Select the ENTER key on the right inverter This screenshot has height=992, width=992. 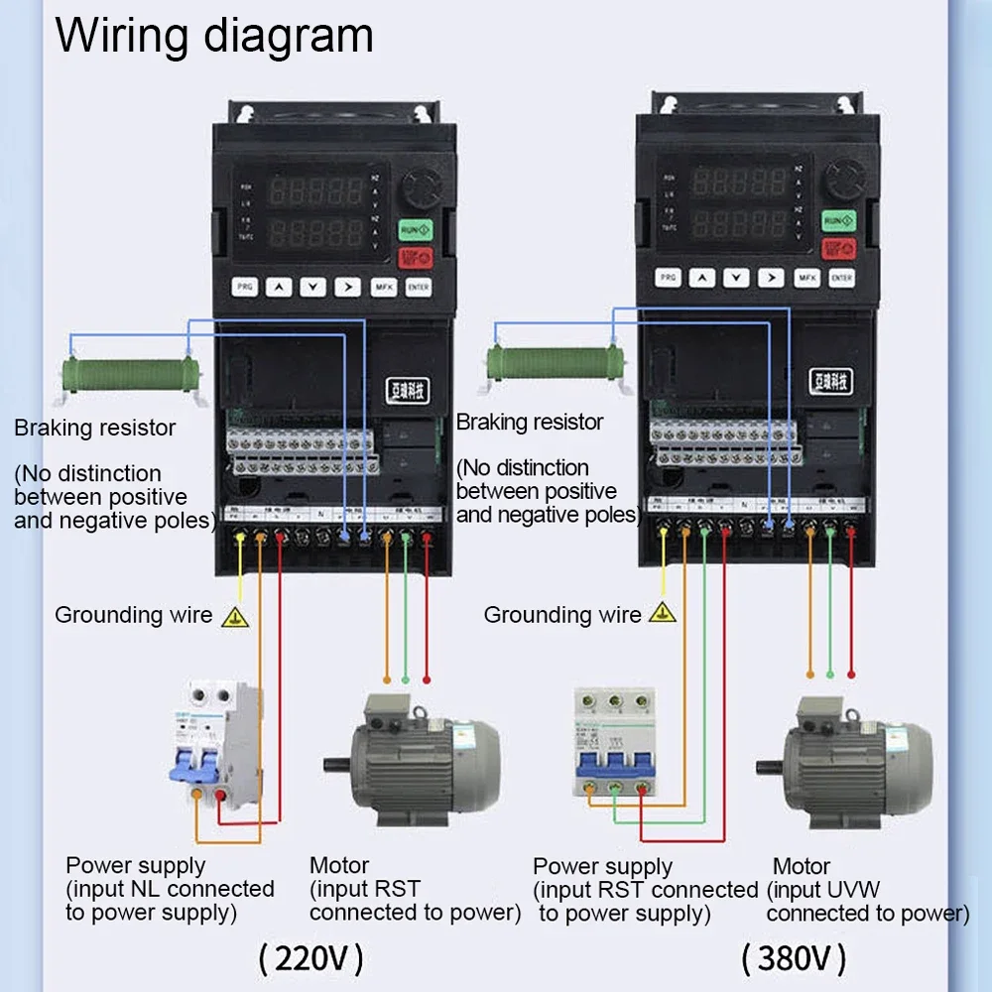841,279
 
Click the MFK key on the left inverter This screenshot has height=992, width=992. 383,288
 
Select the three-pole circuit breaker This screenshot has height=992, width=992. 615,740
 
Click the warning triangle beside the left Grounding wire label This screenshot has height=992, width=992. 234,617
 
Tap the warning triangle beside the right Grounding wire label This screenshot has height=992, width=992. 662,612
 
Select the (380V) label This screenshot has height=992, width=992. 794,958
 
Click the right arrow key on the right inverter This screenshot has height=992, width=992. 771,279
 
